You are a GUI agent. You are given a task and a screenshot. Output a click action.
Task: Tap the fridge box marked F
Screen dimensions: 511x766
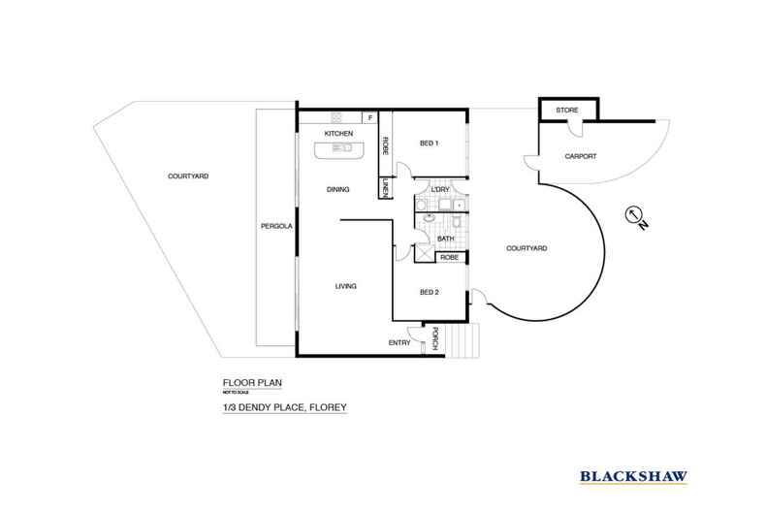point(369,117)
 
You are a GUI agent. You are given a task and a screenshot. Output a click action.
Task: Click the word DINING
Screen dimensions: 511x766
point(337,189)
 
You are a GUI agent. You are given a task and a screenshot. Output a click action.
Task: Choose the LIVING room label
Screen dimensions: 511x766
point(346,286)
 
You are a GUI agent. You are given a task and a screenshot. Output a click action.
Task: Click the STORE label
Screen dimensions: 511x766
point(566,112)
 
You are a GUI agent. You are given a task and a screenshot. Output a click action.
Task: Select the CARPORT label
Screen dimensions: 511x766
point(579,156)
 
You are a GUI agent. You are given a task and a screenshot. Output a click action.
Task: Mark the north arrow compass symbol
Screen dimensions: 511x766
point(633,214)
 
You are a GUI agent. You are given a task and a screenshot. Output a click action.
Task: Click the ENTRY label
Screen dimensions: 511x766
point(399,342)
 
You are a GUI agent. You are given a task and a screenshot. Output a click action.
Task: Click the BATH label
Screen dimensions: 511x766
point(446,238)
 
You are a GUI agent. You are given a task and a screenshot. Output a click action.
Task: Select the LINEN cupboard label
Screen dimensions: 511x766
point(385,190)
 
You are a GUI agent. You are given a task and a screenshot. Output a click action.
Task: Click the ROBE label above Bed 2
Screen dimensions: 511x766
point(449,257)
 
